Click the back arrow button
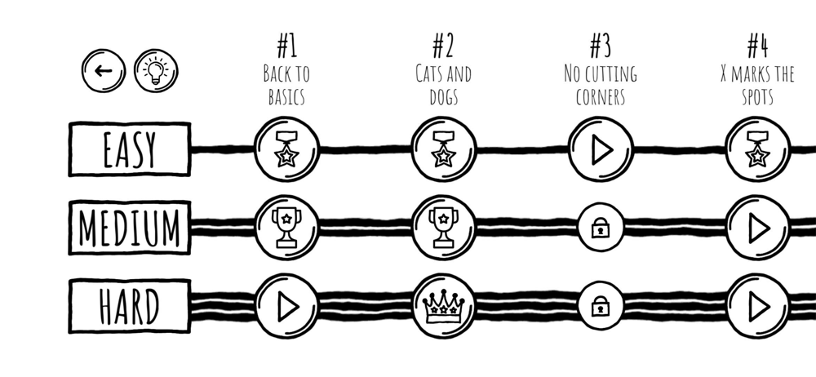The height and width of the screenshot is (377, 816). (104, 71)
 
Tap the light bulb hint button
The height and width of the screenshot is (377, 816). (156, 71)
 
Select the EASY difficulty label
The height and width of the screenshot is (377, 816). (130, 149)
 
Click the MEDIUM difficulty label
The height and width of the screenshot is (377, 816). (130, 228)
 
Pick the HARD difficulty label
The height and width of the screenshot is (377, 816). (130, 306)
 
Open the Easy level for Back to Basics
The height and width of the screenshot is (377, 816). (286, 149)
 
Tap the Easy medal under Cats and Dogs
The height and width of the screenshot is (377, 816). (444, 149)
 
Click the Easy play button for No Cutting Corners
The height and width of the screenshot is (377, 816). (601, 149)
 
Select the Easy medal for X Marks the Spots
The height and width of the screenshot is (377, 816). (758, 149)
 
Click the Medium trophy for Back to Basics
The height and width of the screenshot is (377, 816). (286, 228)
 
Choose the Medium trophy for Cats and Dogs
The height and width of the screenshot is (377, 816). (444, 228)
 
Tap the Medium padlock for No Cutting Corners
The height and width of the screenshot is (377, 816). (601, 228)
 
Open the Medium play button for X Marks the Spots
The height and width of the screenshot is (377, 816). (758, 228)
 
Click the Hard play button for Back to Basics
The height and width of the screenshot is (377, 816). (286, 306)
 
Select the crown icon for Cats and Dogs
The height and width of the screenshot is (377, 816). (444, 306)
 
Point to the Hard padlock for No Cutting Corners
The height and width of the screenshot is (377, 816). (601, 306)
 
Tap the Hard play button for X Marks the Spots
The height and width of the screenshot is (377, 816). (758, 306)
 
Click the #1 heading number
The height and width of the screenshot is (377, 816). (286, 46)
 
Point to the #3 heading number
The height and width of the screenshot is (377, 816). (601, 46)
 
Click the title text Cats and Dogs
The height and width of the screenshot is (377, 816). (443, 86)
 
